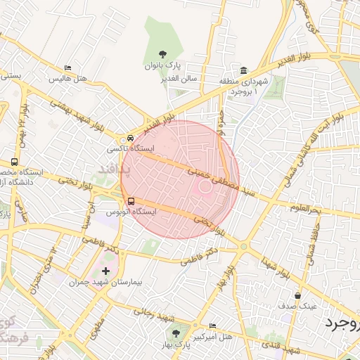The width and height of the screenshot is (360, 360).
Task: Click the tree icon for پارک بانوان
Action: (162, 53)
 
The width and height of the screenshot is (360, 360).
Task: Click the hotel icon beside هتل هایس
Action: (67, 68)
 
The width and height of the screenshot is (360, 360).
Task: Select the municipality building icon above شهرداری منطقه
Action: (243, 70)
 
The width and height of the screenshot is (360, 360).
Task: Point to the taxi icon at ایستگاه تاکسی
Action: (131, 139)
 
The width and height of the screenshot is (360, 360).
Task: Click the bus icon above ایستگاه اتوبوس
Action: (131, 200)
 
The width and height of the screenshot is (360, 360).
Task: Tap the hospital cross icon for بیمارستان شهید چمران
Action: (106, 271)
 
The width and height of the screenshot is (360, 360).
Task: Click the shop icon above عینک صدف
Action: (298, 295)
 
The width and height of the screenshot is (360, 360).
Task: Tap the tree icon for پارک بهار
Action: (175, 333)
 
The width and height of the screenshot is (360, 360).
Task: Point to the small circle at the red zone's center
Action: (205, 186)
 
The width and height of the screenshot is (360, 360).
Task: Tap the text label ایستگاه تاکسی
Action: (124, 150)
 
